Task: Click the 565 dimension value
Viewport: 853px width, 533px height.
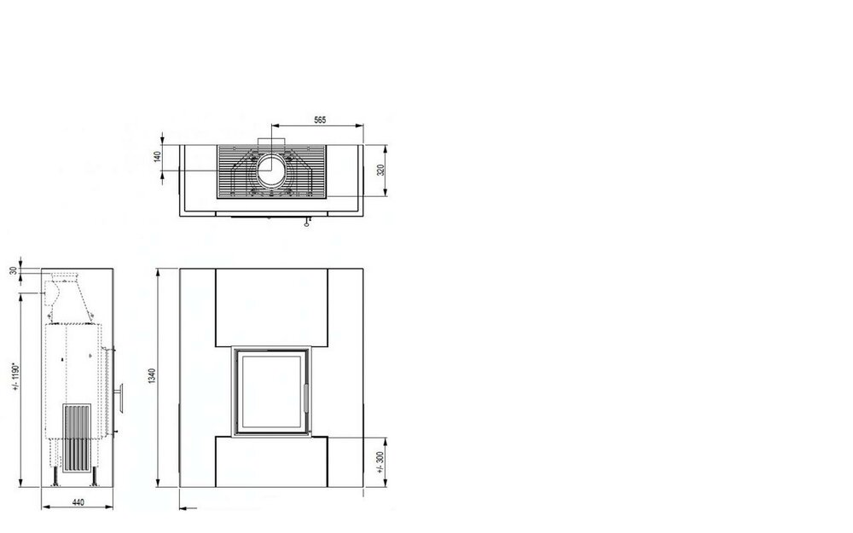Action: [320, 119]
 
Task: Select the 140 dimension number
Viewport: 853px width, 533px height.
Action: [158, 157]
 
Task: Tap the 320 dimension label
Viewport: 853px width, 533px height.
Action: [380, 170]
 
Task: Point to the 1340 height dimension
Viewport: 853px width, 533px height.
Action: [152, 375]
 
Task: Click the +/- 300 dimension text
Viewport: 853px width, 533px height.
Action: [380, 462]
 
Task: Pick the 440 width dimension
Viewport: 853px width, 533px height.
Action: [78, 502]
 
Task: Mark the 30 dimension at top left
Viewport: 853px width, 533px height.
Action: [14, 270]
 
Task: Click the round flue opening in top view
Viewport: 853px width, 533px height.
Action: [271, 171]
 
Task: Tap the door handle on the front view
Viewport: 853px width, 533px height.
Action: [305, 397]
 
